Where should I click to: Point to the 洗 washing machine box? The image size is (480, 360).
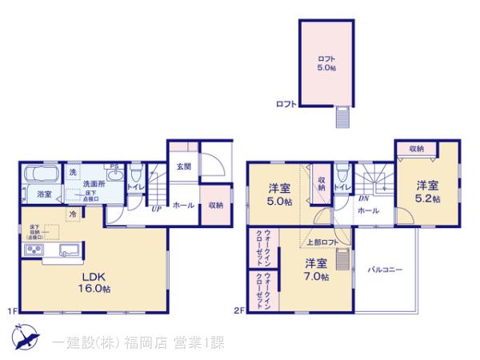pos(74,173)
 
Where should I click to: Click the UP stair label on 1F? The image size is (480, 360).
pos(157,210)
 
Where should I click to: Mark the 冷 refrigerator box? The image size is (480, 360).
pos(73,214)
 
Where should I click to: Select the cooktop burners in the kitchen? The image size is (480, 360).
pos(35,251)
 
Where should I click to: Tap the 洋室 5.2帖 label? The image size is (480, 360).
pos(426,191)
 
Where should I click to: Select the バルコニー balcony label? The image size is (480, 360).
pos(386,269)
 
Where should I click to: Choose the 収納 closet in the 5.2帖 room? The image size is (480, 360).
pos(416,148)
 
